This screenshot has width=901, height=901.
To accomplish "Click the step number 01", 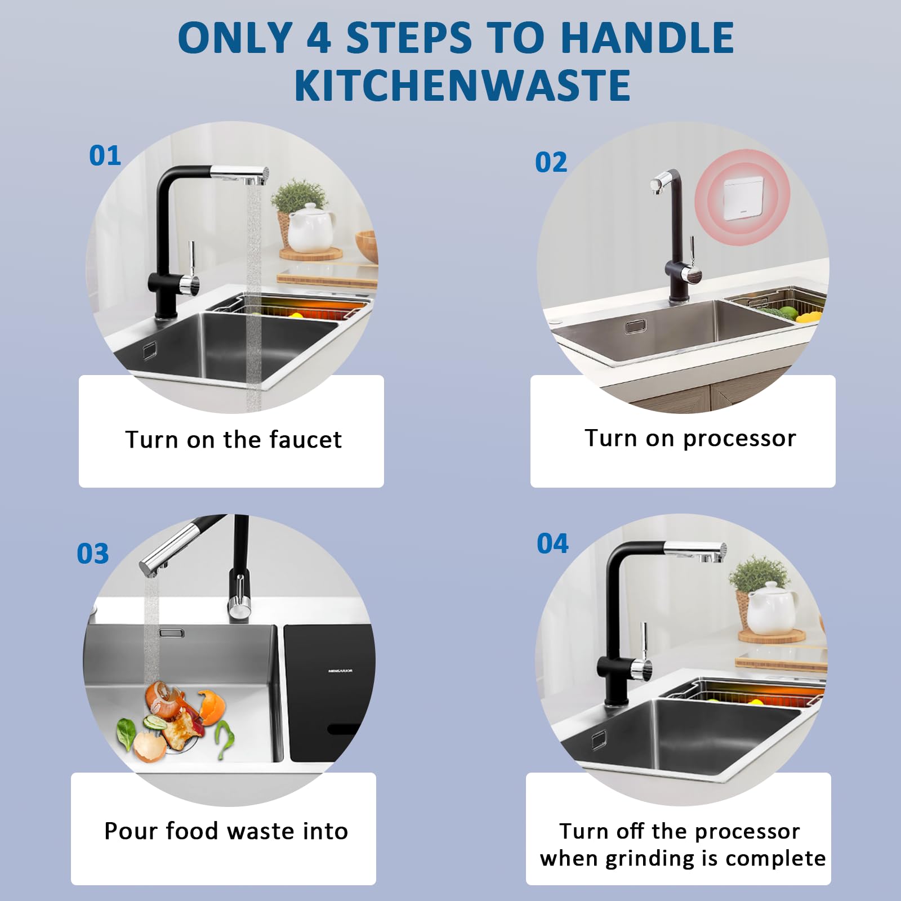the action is [x=105, y=155].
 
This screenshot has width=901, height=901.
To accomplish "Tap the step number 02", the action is [x=551, y=162].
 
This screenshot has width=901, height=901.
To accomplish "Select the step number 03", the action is [x=93, y=554].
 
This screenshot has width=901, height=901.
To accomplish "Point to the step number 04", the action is [x=552, y=543].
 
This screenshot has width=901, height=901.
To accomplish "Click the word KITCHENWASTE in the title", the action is [x=462, y=85].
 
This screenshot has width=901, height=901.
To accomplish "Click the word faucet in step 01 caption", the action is [x=305, y=439].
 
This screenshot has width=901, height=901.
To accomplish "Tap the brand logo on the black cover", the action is [x=341, y=671].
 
